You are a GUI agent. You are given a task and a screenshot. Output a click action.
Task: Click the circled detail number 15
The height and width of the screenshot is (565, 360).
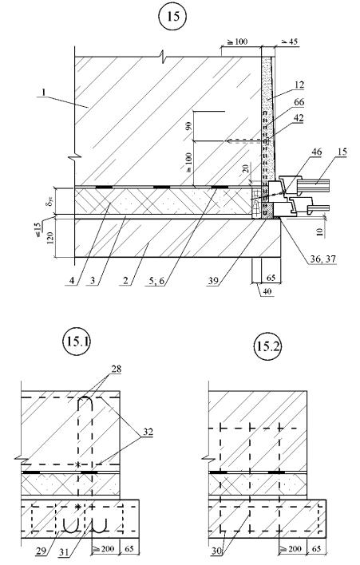(x=173, y=17)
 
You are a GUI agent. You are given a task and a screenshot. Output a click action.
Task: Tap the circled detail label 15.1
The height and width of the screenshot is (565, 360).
(x=77, y=342)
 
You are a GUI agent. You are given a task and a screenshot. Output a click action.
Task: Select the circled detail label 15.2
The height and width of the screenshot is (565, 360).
(x=267, y=346)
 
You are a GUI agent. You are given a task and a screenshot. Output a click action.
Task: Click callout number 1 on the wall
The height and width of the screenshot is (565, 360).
(x=43, y=93)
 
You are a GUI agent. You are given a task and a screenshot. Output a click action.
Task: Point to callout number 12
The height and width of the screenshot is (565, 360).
(x=299, y=85)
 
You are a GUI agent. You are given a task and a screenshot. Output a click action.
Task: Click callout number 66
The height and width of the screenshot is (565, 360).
(x=299, y=102)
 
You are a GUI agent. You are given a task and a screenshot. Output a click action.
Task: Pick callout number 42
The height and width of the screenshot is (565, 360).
(x=299, y=118)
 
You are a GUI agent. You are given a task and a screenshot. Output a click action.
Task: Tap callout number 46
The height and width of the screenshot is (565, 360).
(x=316, y=152)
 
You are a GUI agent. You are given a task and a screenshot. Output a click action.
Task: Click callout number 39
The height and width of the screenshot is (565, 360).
(x=213, y=280)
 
